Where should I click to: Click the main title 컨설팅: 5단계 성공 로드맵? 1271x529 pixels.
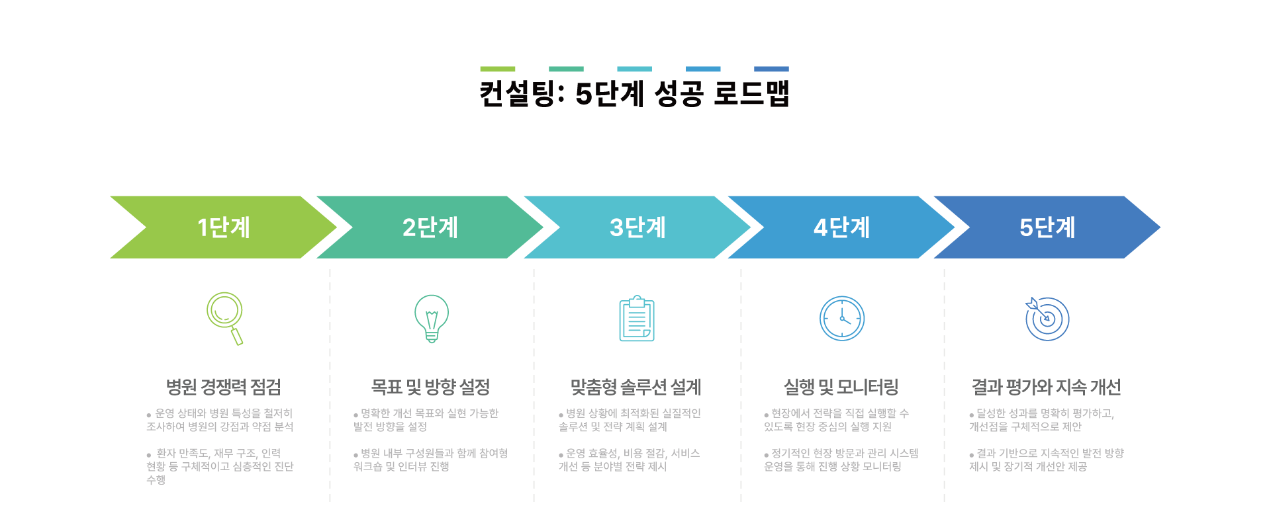(x=634, y=93)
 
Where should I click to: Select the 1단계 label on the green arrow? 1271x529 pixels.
(x=224, y=227)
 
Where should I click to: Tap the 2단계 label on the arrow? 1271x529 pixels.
(x=430, y=227)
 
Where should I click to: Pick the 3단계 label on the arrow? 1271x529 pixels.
(x=637, y=227)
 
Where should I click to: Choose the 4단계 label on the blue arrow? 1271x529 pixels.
(x=841, y=227)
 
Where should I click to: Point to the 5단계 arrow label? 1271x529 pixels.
(x=1047, y=227)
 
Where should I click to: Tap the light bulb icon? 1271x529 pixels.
(x=432, y=319)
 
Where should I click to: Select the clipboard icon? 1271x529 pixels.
(x=637, y=319)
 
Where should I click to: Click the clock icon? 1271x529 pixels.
(x=842, y=319)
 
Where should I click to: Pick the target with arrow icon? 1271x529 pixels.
(x=1047, y=319)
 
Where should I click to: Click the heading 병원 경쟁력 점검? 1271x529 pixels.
(x=224, y=387)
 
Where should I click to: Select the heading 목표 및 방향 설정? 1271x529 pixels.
(x=430, y=387)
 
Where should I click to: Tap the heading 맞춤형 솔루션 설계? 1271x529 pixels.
(x=636, y=387)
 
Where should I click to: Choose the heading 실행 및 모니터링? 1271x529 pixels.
(x=841, y=387)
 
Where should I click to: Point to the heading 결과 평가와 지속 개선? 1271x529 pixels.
(x=1046, y=387)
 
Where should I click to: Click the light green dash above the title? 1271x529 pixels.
(x=498, y=69)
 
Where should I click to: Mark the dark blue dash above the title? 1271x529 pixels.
(x=771, y=69)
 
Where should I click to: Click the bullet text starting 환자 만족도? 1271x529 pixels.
(x=220, y=466)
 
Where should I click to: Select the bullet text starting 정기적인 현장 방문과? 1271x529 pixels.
(x=841, y=460)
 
